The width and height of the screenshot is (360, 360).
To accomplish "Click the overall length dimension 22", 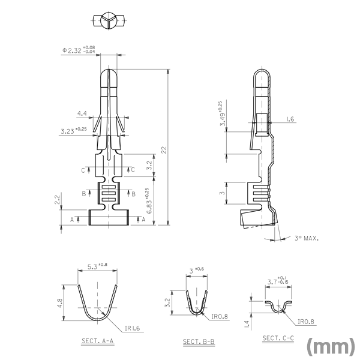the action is tap(164, 150).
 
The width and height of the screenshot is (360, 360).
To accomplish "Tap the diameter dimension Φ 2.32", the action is tap(79, 50).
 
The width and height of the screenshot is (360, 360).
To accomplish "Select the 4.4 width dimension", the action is tap(82, 113).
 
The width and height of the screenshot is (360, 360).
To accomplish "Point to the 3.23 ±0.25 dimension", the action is tap(74, 131).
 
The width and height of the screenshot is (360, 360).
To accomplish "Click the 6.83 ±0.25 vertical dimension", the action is tap(149, 201).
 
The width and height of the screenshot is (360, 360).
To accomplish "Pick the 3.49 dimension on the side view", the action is tap(222, 113).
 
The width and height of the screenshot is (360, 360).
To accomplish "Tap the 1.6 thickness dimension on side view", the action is tap(290, 119).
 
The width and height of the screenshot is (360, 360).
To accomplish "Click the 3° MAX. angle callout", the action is tap(307, 238).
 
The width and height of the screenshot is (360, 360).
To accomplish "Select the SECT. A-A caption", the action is tap(98, 341).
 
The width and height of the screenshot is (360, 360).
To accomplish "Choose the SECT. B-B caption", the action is tap(199, 341).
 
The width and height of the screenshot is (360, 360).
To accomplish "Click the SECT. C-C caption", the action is tap(278, 338).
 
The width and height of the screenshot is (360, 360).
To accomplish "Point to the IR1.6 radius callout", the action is tap(132, 328).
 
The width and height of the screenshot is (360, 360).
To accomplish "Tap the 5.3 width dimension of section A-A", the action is tap(97, 266).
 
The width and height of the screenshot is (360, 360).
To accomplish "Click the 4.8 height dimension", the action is tap(59, 303).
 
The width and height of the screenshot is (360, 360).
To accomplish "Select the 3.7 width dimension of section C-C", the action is tap(278, 281).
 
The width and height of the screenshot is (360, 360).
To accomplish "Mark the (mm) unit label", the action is tap(331, 346).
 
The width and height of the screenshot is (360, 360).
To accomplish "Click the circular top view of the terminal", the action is tap(109, 20).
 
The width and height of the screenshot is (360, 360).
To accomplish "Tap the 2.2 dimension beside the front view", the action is tap(57, 200).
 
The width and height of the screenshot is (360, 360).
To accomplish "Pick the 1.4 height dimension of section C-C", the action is tap(247, 324).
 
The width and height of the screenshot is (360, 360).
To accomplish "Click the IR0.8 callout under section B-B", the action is tap(220, 317).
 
